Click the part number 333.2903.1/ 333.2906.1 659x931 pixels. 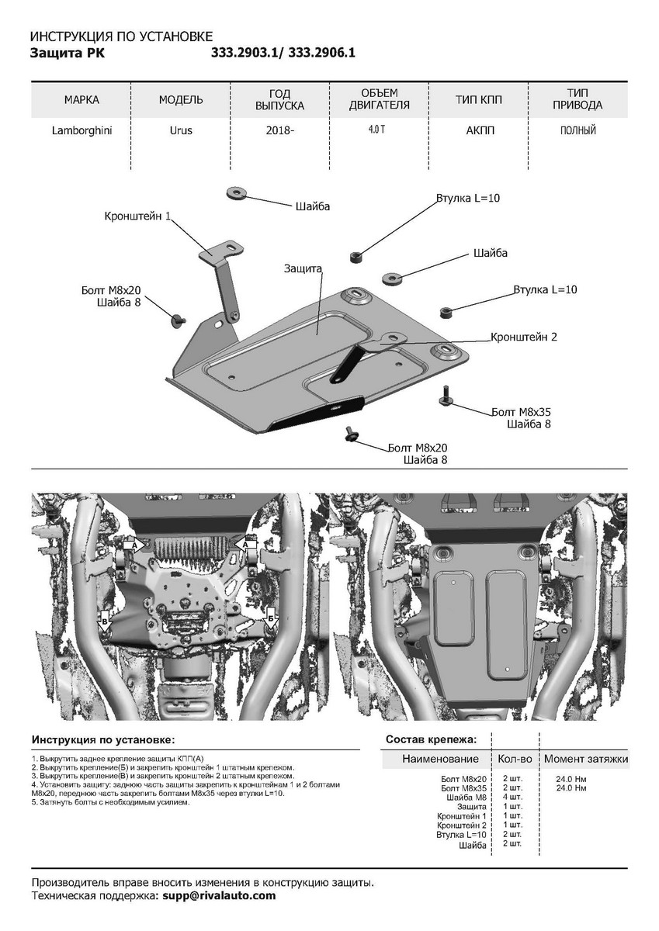coord(283,54)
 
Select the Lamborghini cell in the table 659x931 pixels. coord(82,130)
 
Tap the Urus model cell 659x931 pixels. coord(181,130)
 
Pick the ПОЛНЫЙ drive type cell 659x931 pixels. coord(577,130)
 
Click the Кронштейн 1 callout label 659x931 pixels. coord(138,216)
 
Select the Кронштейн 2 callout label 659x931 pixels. coord(523,337)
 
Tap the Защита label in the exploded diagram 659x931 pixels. coord(303,268)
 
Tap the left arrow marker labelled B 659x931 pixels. coord(105,621)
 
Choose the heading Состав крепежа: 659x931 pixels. coord(431,740)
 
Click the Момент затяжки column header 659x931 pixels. coord(585,759)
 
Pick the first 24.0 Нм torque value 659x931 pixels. coord(571,778)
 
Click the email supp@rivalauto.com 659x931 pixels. coord(218,895)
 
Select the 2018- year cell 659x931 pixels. coord(279,130)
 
